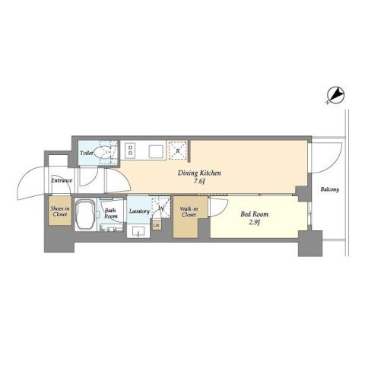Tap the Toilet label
[87, 154]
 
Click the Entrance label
[62, 180]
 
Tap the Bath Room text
[111, 214]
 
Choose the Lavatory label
[138, 211]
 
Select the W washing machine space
[160, 206]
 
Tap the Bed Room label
[253, 214]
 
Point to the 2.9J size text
[253, 224]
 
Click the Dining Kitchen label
[200, 173]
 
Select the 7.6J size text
[200, 183]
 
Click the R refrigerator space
[177, 151]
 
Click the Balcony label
[329, 189]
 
